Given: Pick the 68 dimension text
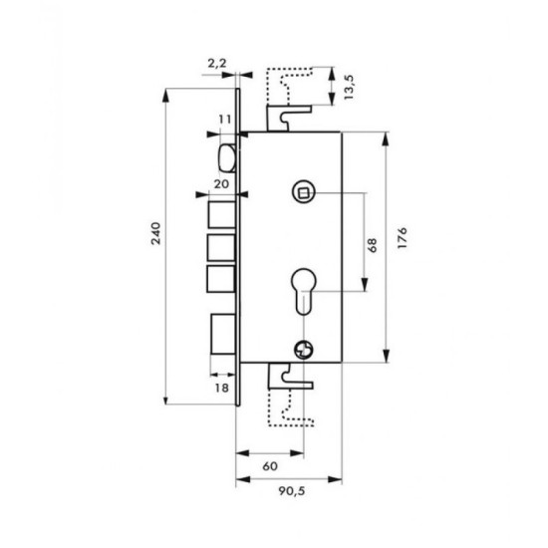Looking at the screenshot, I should click(x=372, y=244).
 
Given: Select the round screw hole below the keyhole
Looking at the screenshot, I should click(x=305, y=347).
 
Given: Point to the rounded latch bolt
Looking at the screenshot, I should click(x=226, y=156).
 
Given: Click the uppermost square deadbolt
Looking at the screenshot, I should click(x=221, y=213).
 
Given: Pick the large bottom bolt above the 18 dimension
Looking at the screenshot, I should click(x=223, y=337).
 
